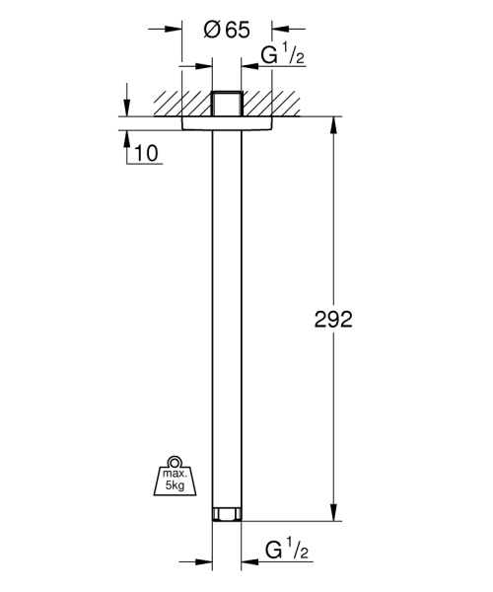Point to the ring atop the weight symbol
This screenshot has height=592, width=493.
pos(175,461)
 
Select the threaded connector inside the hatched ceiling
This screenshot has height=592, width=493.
pos(227,105)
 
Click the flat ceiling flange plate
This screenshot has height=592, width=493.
pos(227,122)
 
